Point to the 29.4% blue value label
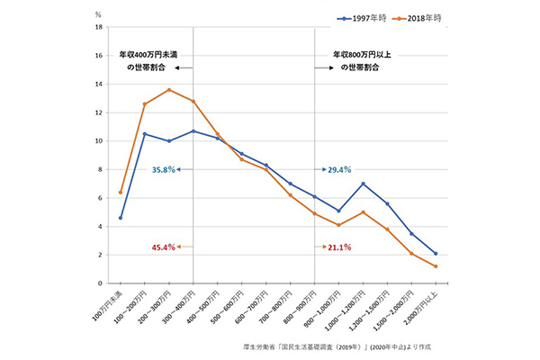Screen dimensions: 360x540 (340, 168)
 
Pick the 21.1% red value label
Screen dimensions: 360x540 (340, 246)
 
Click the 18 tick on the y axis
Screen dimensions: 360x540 (98, 27)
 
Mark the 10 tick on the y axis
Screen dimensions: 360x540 (98, 141)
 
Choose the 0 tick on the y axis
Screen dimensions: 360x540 (100, 283)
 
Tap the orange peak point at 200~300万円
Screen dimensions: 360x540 (169, 90)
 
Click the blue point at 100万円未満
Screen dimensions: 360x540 (121, 218)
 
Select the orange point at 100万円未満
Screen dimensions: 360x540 (121, 192)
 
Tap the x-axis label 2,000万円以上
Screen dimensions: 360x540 (427, 306)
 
